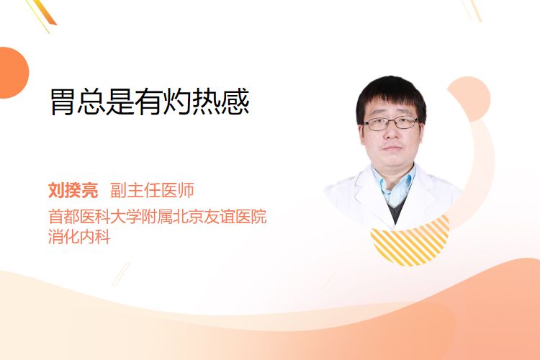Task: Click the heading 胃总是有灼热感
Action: pos(150,102)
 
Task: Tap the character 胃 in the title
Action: pos(63,102)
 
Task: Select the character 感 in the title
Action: pos(235,102)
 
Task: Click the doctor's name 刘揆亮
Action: pos(73,190)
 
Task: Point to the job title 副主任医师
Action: pos(152,190)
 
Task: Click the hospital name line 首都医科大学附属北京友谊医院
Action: pos(158,216)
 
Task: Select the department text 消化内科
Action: pos(79,237)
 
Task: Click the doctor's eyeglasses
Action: pos(391,123)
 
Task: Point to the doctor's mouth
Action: pos(392,148)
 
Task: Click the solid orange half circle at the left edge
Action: pos(13,73)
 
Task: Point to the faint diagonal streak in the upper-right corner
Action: pos(472,10)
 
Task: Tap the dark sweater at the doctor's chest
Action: pos(397,210)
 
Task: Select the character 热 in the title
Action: pos(207,102)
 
